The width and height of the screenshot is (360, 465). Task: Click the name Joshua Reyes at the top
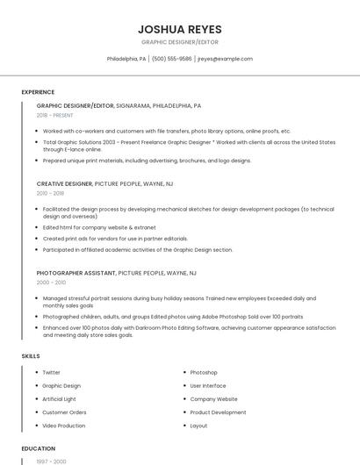click(180, 29)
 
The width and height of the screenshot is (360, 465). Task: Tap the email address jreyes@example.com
click(225, 59)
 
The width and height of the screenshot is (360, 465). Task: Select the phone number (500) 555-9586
click(171, 59)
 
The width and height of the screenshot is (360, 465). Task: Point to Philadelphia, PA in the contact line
click(126, 59)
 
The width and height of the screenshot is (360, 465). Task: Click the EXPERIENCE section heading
click(38, 92)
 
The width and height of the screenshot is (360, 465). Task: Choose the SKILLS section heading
click(31, 356)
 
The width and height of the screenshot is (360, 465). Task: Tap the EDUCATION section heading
click(39, 448)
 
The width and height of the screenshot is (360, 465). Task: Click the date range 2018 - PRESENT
click(54, 115)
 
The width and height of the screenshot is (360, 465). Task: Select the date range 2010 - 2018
click(50, 193)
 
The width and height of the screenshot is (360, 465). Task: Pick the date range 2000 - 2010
click(51, 283)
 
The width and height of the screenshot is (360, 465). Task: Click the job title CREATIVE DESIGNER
click(64, 184)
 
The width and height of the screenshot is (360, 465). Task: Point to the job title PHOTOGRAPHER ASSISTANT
click(76, 273)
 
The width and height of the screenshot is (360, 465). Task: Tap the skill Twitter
click(52, 373)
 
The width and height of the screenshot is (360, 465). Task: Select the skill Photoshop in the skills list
click(204, 373)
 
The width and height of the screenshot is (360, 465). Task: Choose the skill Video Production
click(63, 426)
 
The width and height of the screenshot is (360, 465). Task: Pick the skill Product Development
click(218, 412)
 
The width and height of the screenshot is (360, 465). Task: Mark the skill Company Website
click(213, 399)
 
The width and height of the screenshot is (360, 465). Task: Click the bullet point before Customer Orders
click(36, 412)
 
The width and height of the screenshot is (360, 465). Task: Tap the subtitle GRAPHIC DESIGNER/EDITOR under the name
click(180, 42)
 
